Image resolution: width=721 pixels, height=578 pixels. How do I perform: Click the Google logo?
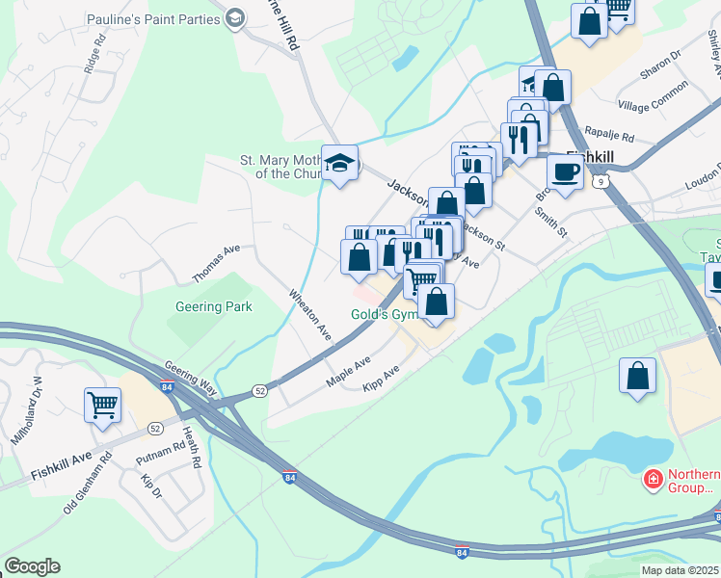pos(32,566)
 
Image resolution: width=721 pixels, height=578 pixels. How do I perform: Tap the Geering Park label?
pos(213,307)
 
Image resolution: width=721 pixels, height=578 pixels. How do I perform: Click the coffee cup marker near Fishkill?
pos(565,172)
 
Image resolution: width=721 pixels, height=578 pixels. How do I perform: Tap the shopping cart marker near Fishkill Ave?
pos(103,405)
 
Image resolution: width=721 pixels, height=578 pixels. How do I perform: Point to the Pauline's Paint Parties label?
pos(152,19)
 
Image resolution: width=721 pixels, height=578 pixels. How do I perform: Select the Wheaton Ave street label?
pos(311,314)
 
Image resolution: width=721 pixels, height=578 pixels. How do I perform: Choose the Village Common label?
pos(654,96)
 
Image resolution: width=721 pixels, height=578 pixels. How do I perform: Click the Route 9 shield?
pos(602,180)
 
